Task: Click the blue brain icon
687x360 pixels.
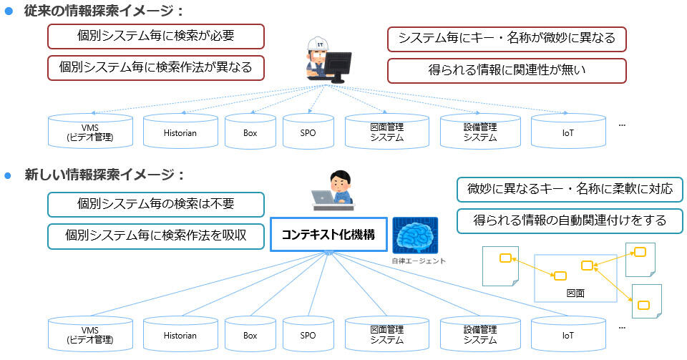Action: point(415,235)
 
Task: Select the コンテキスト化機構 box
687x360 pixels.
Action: point(328,235)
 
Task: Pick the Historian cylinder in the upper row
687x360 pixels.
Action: point(180,131)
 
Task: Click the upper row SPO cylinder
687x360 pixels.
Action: point(308,131)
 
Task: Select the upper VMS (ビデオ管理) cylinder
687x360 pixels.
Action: point(90,131)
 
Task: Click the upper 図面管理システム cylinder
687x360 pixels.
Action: point(387,131)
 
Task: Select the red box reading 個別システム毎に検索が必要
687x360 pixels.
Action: point(156,37)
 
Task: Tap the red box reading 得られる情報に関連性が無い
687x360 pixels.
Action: point(507,71)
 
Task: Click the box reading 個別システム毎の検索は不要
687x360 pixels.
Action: point(156,205)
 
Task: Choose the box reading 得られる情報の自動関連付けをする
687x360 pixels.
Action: point(570,221)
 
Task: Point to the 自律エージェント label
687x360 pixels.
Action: point(419,261)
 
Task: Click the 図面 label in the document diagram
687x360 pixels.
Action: point(575,293)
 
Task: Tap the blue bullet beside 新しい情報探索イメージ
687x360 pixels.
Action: point(7,175)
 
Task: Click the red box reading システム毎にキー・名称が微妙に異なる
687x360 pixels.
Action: point(507,39)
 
